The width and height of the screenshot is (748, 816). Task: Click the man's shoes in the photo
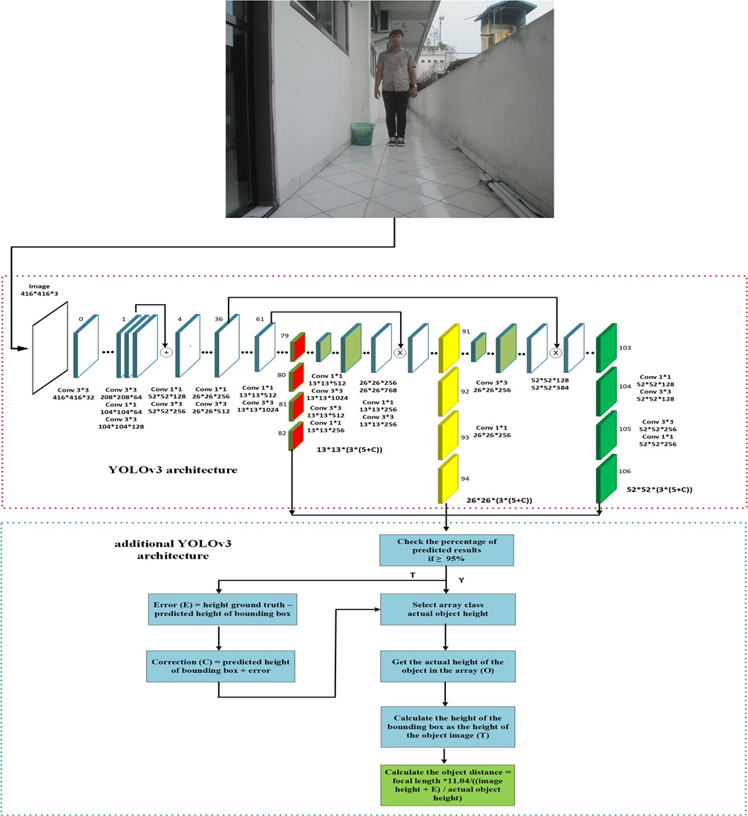(x=392, y=141)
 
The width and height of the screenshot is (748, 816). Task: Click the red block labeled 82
(x=297, y=436)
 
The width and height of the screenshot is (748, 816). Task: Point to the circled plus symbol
(x=166, y=352)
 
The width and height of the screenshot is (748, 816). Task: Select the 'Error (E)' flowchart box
(x=219, y=609)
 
